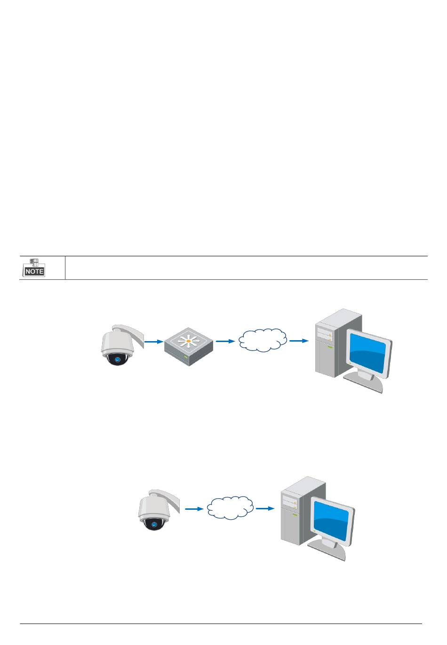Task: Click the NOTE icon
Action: [34, 267]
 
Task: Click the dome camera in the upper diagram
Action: [117, 345]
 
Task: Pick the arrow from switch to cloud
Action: [225, 341]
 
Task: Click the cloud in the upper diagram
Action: [263, 340]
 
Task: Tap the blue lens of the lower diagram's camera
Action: [153, 523]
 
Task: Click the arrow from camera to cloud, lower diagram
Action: [194, 509]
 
